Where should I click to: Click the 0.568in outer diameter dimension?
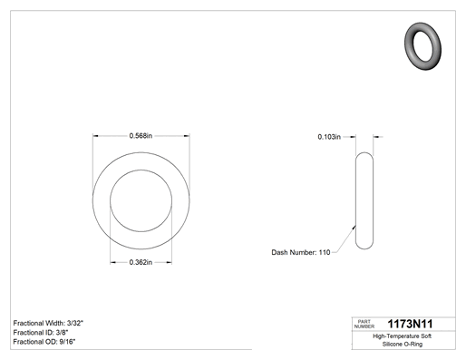[141, 136]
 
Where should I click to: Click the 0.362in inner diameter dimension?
[141, 262]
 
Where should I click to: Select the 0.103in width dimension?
[329, 137]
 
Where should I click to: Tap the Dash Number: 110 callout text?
[301, 252]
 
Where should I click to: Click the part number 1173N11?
[410, 324]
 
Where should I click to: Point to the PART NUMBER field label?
[364, 324]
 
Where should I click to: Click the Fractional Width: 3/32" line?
[48, 323]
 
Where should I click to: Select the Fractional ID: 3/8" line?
[41, 333]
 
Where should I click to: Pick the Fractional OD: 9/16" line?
[44, 342]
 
